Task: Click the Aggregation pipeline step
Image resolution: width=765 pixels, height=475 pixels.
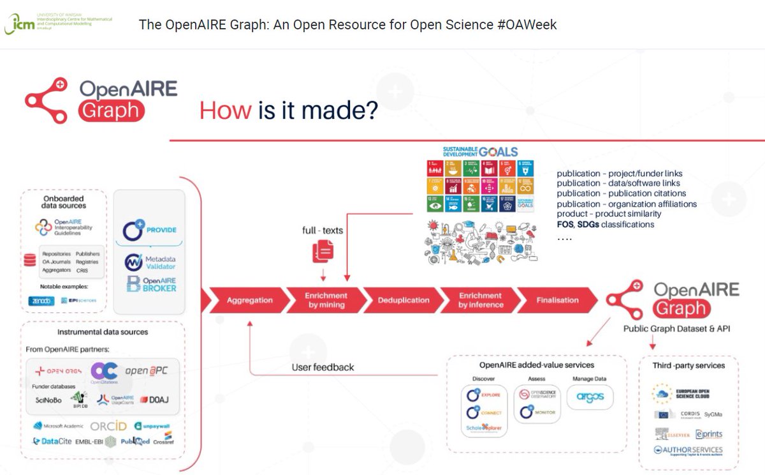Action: (x=249, y=300)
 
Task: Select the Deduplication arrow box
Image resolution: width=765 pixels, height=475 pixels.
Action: (x=403, y=300)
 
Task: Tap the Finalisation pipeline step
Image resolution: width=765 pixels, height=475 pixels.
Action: (x=557, y=300)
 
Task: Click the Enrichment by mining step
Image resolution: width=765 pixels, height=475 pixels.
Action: (x=326, y=300)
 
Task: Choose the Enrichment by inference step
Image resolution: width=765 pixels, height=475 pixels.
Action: (x=480, y=300)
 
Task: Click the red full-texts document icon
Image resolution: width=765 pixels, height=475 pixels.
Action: (x=323, y=251)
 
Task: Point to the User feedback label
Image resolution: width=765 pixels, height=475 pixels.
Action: (x=323, y=367)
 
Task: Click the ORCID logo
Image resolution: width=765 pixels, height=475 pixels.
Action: (x=108, y=426)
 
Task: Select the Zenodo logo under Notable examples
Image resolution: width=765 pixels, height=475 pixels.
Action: (x=42, y=301)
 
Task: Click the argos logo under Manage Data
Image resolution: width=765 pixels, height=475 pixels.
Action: (x=590, y=397)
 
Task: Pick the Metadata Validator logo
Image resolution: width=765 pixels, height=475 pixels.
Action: (x=150, y=262)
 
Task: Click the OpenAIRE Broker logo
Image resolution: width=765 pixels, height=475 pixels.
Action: (x=150, y=284)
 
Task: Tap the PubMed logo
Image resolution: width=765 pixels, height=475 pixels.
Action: (x=135, y=441)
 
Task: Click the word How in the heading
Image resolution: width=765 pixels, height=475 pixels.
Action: (x=225, y=110)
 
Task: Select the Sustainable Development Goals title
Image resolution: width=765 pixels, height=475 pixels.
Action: (x=480, y=152)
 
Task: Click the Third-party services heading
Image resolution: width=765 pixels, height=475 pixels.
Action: (x=688, y=366)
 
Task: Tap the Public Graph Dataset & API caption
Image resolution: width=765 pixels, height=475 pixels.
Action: (x=676, y=329)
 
